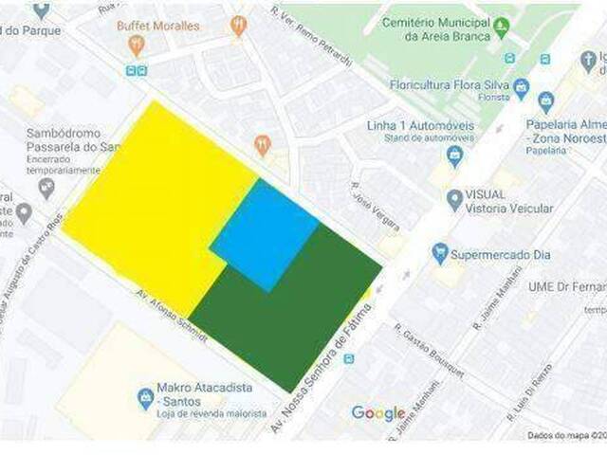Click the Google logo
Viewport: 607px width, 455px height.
point(378,413)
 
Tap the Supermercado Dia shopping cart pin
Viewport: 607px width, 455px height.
point(439,254)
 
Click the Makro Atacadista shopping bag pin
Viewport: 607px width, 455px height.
point(145,396)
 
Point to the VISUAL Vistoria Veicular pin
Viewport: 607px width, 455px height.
point(454,200)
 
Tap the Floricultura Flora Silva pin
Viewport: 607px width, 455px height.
point(521,89)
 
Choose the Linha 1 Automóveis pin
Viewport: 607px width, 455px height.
point(454,155)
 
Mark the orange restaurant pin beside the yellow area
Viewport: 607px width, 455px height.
point(263,145)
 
